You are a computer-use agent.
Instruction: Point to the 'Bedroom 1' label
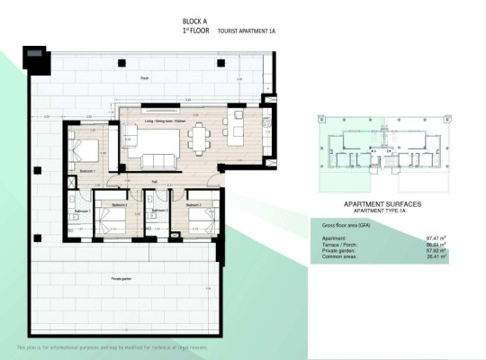(x=88, y=171)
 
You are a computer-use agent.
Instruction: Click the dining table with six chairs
(x=197, y=139)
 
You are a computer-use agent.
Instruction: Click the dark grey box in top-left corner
(x=38, y=60)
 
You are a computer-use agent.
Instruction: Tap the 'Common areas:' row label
(x=340, y=256)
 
